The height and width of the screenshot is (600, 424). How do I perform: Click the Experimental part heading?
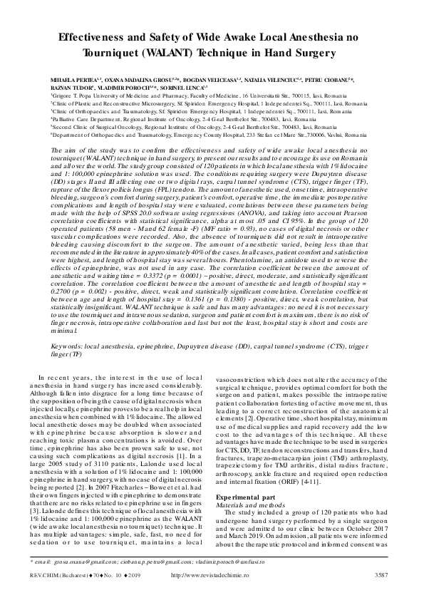(253, 497)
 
